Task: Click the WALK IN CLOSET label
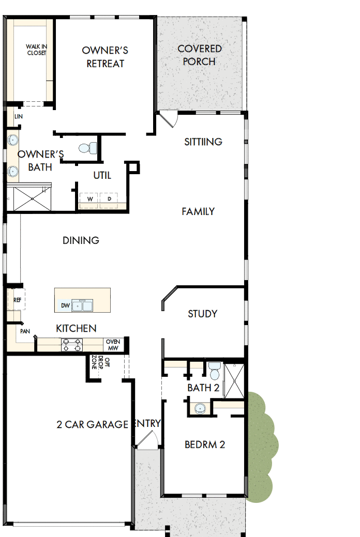[36, 50]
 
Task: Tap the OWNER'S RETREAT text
[105, 57]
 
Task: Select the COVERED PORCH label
[200, 55]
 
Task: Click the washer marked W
[89, 199]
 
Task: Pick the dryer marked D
[109, 199]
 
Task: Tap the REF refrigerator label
[17, 300]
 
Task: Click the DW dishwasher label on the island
[65, 305]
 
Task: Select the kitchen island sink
[82, 305]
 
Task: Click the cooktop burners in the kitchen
[72, 345]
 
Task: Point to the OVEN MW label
[113, 345]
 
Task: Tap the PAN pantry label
[25, 331]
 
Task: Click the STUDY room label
[202, 314]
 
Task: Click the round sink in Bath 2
[200, 408]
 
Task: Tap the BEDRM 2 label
[205, 444]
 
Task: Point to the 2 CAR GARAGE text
[92, 425]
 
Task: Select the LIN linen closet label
[19, 117]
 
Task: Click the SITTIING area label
[203, 142]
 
